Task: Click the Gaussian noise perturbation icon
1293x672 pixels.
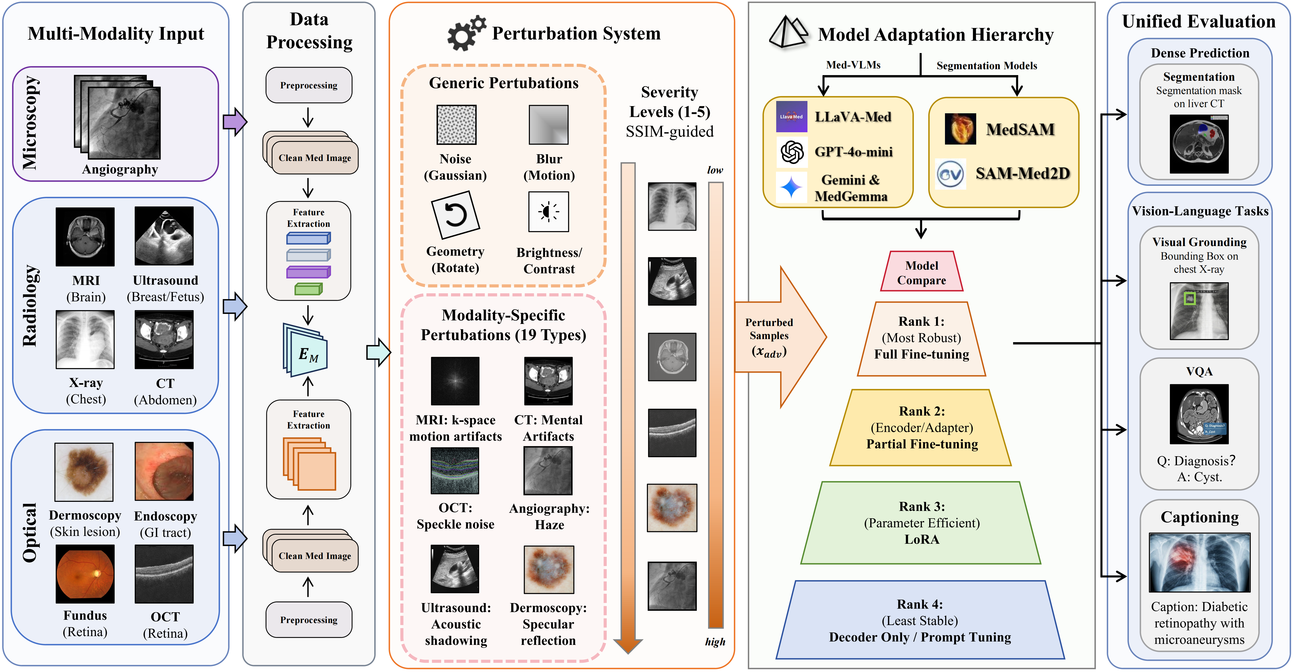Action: coord(456,125)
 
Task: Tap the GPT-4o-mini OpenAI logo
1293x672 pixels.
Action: coord(792,152)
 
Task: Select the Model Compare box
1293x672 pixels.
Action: coord(922,272)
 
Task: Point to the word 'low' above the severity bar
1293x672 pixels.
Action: coord(715,170)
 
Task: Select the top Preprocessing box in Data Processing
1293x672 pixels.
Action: coord(309,85)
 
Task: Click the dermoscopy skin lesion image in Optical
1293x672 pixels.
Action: coord(84,472)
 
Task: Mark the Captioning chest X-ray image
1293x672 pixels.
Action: coord(1199,563)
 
